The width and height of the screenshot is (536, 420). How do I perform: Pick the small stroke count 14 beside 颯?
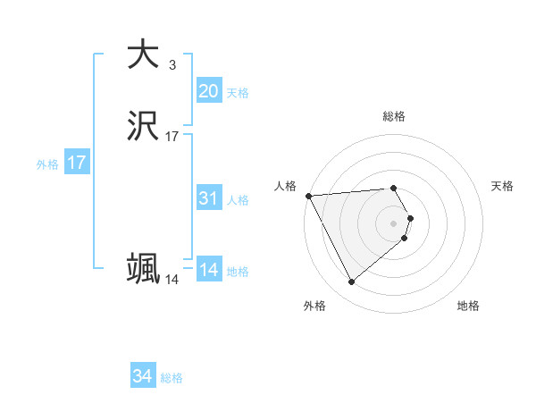[172, 280]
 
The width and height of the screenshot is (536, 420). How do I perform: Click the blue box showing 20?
[208, 91]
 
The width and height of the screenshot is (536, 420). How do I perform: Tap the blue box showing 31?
[208, 198]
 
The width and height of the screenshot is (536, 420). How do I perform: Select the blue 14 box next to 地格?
[208, 270]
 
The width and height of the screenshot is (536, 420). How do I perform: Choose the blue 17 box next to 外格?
[76, 163]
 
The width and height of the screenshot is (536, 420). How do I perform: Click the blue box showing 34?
[142, 376]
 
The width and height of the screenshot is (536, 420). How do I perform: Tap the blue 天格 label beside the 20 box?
[237, 93]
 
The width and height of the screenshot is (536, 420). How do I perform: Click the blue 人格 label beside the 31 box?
[238, 200]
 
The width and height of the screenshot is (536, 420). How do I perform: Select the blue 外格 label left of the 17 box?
[46, 164]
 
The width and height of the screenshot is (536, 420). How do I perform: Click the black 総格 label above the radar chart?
[394, 116]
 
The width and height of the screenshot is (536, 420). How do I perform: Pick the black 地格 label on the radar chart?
[468, 307]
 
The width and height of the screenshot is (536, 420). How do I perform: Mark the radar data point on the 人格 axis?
[308, 196]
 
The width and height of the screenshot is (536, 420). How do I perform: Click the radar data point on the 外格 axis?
[351, 282]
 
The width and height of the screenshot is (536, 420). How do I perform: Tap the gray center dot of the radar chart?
[394, 223]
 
